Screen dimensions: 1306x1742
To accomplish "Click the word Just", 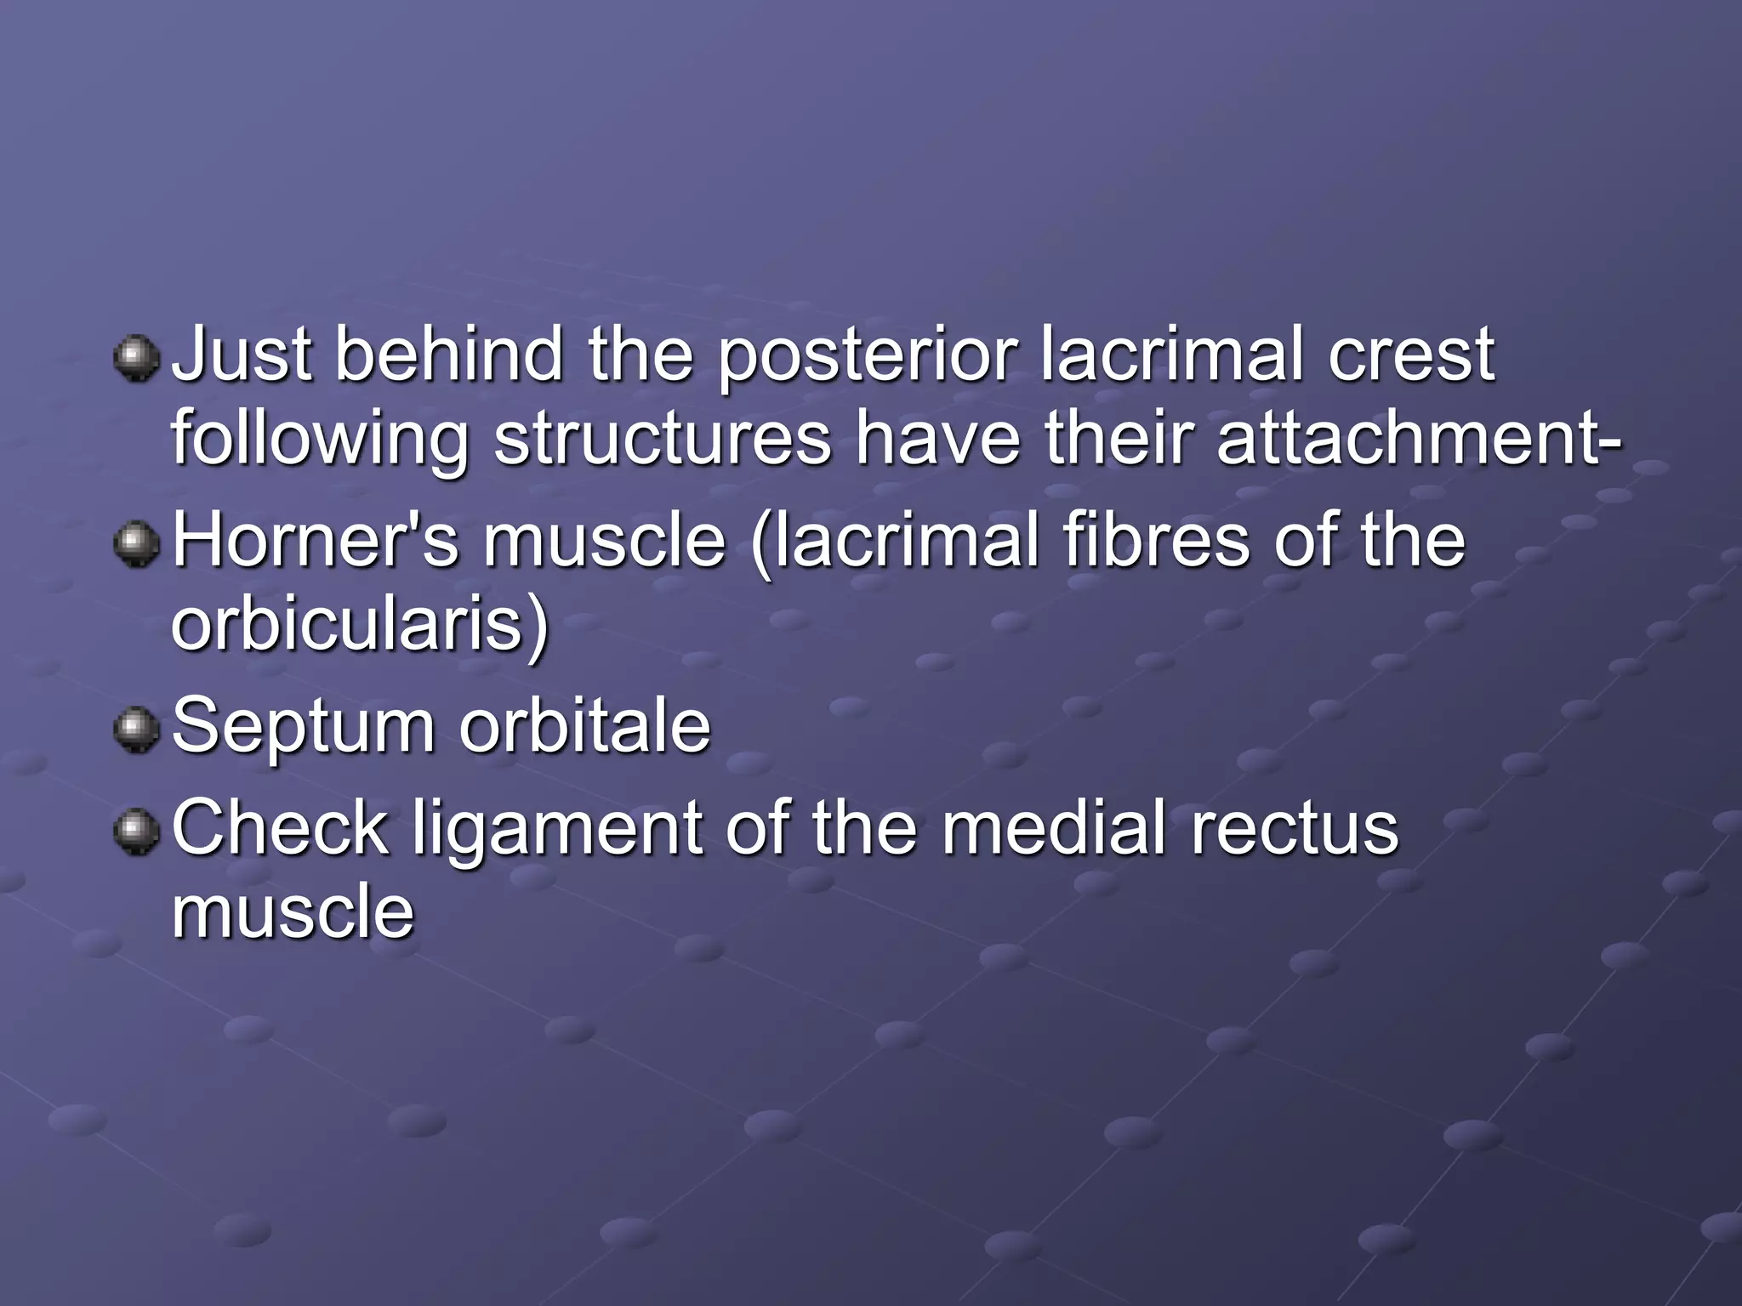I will click(241, 355).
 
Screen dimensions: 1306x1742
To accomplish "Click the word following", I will click(320, 440).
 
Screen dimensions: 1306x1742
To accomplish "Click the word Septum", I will click(304, 728).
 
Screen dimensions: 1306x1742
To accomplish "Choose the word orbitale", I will click(585, 726).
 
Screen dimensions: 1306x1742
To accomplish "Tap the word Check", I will click(280, 828).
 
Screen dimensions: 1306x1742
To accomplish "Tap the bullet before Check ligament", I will click(137, 832).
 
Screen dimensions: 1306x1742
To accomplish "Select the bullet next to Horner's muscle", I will click(137, 544).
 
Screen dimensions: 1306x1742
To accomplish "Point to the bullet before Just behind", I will click(137, 358).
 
